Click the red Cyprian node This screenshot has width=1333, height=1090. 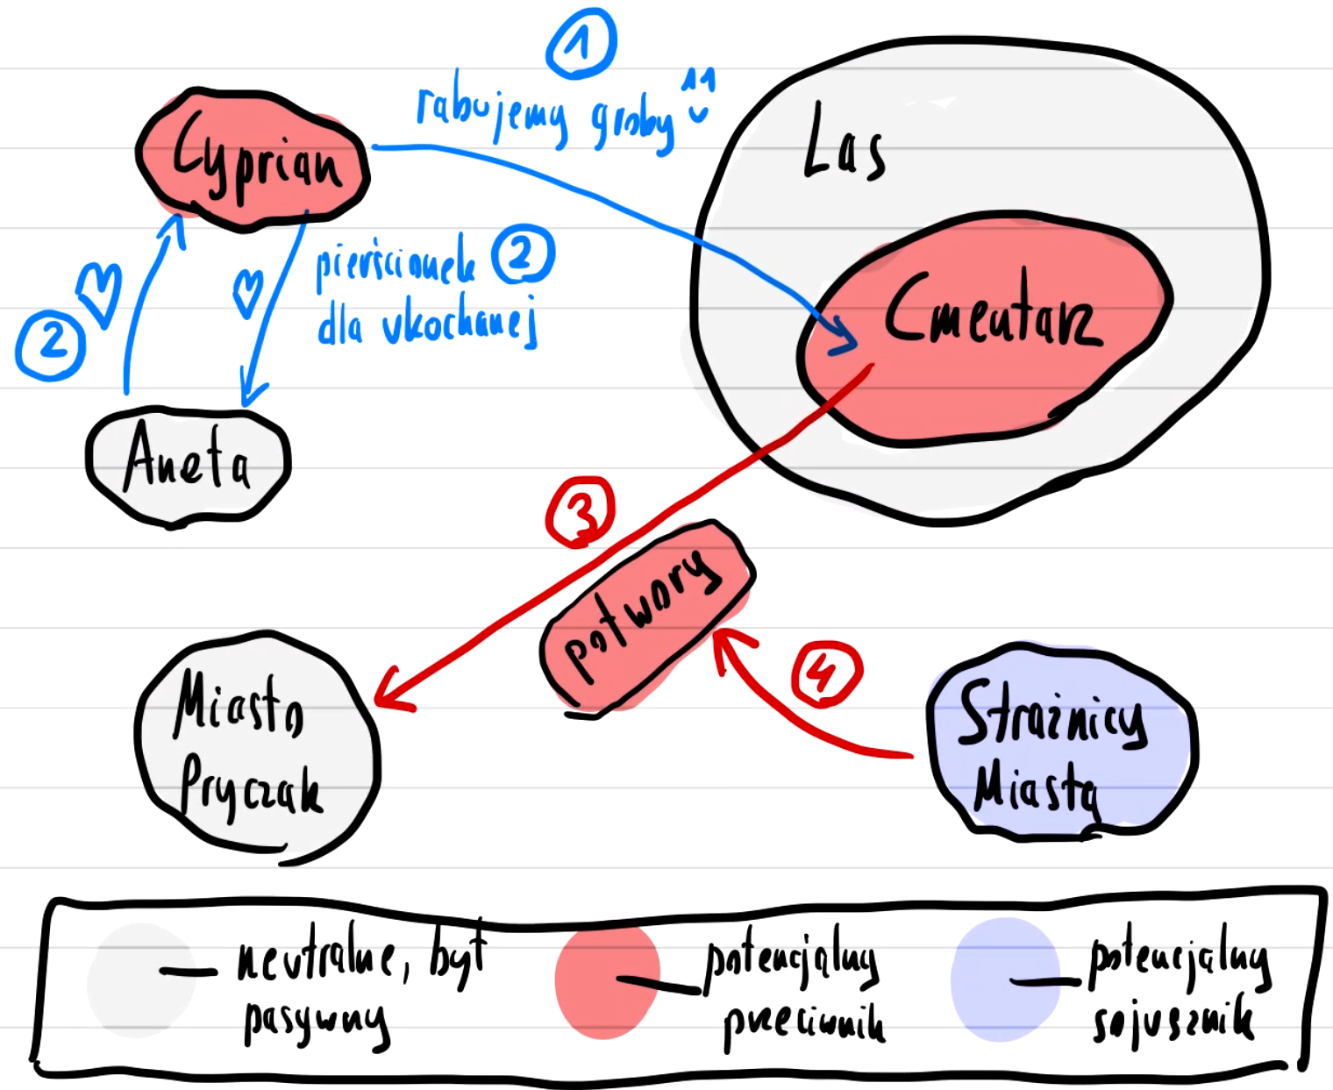point(253,160)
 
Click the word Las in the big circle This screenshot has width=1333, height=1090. point(844,145)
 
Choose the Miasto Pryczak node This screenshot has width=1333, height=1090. point(254,745)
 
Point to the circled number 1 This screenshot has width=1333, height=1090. point(581,44)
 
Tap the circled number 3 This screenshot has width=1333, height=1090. point(581,511)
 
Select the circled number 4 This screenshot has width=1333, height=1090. point(825,673)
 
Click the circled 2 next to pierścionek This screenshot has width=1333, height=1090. point(523,254)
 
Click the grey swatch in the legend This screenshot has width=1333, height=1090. point(140,980)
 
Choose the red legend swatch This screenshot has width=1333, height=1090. point(607,982)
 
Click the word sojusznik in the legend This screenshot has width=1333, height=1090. point(1173,1022)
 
